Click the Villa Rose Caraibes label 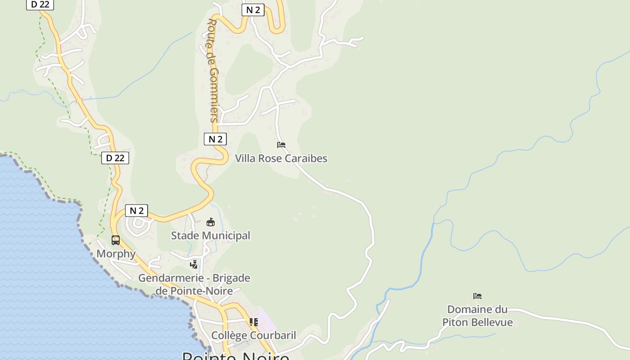click(281, 158)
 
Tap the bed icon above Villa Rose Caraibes click(281, 145)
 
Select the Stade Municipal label click(210, 235)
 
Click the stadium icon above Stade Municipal click(210, 222)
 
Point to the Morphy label click(116, 254)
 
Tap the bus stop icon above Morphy click(116, 240)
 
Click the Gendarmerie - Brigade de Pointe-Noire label click(194, 284)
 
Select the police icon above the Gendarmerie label click(194, 265)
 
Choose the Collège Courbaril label click(254, 335)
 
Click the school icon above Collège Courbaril click(254, 322)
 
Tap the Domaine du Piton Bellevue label click(477, 315)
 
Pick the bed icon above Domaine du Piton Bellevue click(477, 296)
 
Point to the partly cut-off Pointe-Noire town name click(235, 355)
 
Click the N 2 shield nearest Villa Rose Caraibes click(215, 139)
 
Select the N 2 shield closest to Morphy click(136, 211)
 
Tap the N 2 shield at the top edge click(253, 10)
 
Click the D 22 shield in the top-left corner click(40, 4)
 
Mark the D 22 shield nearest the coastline click(115, 158)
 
